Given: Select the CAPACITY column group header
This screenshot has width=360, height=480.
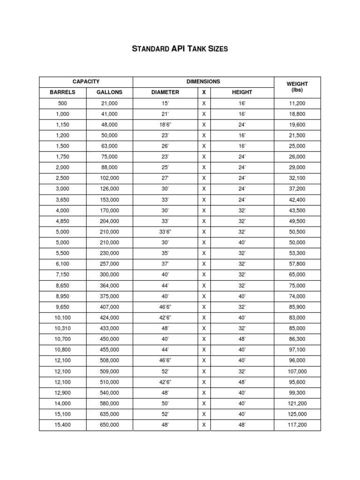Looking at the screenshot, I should (86, 82).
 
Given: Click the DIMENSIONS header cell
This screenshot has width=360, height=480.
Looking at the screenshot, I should (203, 82).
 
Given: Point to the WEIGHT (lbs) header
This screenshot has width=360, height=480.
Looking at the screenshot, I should (297, 87).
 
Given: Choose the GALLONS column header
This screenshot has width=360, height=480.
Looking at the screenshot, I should (109, 92).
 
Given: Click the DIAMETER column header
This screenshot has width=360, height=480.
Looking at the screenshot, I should (165, 92).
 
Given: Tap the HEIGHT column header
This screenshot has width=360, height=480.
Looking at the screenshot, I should (242, 92).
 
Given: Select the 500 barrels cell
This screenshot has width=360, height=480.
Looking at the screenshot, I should (62, 104).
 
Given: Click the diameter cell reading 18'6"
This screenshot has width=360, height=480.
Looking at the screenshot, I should (165, 125).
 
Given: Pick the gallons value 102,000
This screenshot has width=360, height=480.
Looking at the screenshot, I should (109, 179).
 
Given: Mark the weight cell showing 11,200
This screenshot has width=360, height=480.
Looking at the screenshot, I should (297, 104).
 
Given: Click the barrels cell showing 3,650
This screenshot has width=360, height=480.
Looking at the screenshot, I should (62, 200).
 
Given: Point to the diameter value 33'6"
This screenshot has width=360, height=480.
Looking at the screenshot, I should (165, 232).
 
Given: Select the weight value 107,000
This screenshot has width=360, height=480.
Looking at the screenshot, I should (297, 371).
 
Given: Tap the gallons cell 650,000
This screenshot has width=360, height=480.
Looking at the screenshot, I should (109, 425).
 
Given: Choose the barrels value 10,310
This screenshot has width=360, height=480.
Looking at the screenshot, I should (62, 329).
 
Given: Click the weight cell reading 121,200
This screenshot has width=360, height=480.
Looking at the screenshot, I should (297, 404).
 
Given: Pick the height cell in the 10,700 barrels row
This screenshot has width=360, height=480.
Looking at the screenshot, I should (242, 339).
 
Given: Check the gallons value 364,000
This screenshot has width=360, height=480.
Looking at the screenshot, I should (109, 285).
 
